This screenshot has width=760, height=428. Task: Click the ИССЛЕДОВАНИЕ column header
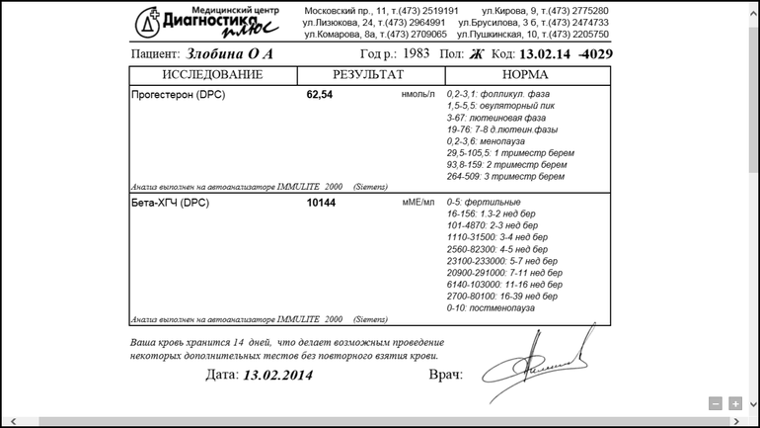212,75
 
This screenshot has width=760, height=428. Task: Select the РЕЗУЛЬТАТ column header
368,75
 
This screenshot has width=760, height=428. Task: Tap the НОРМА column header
525,75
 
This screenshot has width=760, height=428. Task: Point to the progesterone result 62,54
320,95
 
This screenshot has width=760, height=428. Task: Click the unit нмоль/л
418,95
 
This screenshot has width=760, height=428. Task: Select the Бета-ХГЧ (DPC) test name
171,203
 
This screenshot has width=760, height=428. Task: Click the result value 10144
321,203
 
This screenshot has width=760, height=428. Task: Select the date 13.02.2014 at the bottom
277,376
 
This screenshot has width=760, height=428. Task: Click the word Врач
445,376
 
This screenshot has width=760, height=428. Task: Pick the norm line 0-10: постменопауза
491,307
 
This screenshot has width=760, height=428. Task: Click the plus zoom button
735,403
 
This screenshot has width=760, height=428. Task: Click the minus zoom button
716,403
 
